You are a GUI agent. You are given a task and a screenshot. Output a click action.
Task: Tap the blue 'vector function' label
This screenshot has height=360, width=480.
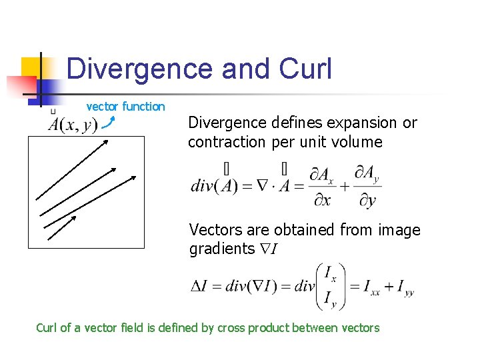coord(125,107)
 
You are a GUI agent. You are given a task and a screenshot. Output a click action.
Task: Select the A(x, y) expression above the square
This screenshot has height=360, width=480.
coord(73,124)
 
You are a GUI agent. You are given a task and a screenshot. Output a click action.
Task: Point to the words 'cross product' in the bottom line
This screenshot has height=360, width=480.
coord(253,328)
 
